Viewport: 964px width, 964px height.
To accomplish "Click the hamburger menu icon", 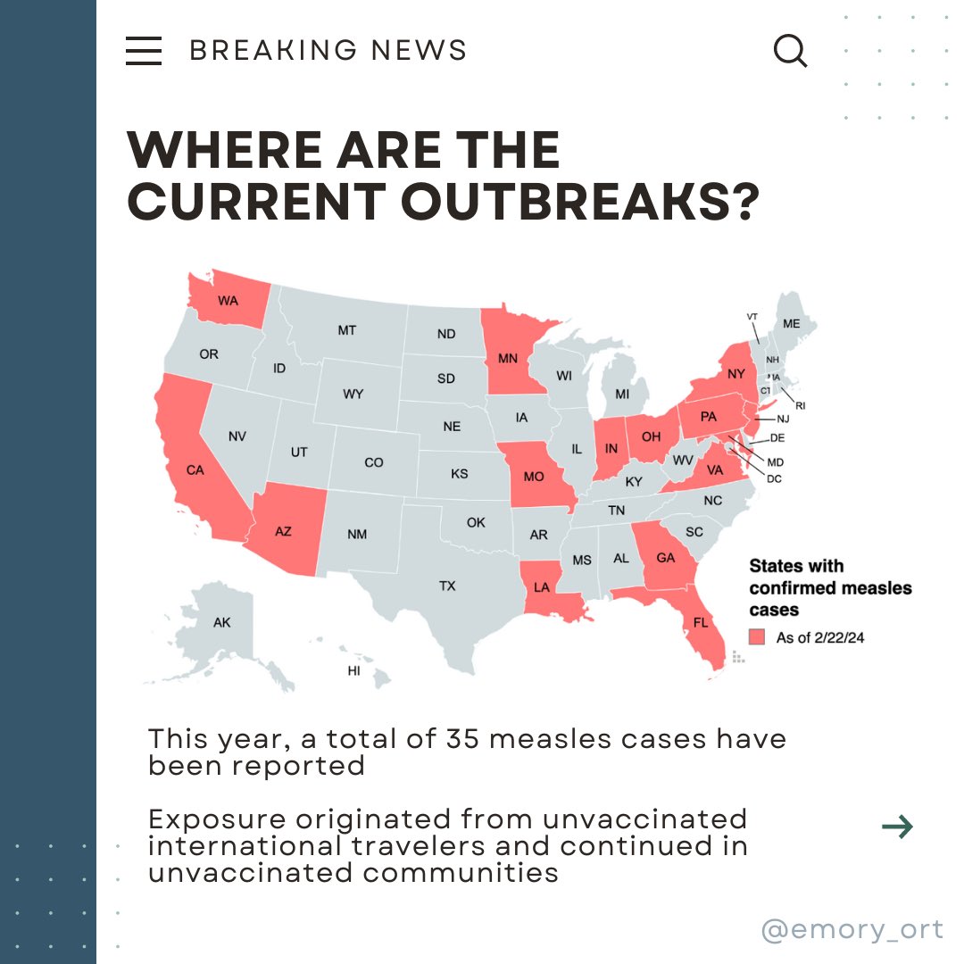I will [144, 51].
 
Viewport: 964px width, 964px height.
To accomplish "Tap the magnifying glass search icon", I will [790, 52].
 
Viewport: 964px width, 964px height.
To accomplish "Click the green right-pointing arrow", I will [897, 827].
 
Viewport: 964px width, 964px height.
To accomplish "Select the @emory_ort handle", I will [852, 929].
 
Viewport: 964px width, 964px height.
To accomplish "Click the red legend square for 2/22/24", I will [757, 637].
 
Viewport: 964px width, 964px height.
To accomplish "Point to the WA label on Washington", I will [228, 301].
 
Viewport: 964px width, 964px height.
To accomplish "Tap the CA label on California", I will [195, 470].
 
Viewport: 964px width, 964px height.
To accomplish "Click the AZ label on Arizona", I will [283, 531].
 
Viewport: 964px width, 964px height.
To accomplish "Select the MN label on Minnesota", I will [509, 360].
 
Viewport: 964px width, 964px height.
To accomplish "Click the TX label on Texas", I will [447, 586].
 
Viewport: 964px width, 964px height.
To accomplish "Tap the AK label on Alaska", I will [221, 622].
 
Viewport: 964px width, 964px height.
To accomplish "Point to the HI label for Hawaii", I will [353, 670].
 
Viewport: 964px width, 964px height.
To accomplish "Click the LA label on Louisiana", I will [541, 588].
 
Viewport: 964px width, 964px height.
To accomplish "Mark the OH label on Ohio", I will [651, 436].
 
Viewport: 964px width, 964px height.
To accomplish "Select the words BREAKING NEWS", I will [328, 51].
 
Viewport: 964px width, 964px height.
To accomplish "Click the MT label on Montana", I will [346, 331].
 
